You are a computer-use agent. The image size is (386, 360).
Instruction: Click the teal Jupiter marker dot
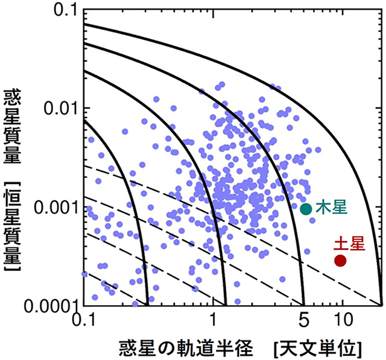coord(306,209)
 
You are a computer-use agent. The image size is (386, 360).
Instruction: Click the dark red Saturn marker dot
coord(340,261)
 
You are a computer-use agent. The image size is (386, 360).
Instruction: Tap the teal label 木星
coord(331,207)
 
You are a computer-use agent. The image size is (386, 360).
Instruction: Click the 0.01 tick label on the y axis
coord(61,109)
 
